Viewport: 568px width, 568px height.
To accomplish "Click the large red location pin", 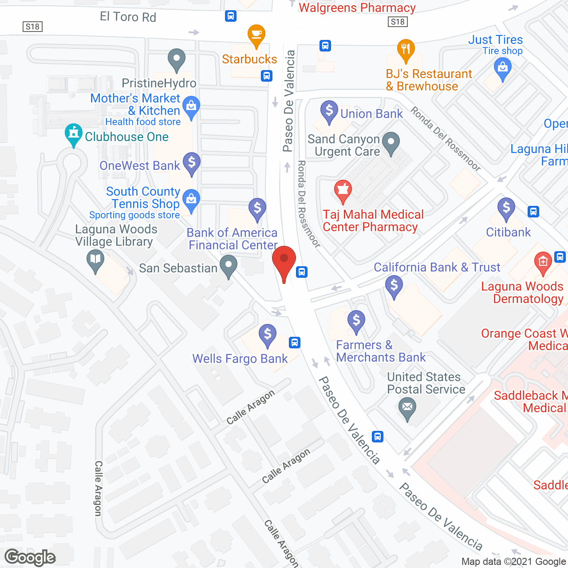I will click(x=284, y=261).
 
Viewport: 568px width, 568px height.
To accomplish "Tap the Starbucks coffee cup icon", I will click(x=256, y=35).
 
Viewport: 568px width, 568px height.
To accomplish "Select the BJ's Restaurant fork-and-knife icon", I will click(x=406, y=49).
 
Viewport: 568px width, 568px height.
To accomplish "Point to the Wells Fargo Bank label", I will click(x=240, y=359).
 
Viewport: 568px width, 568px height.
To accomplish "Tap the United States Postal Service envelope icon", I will click(x=407, y=407).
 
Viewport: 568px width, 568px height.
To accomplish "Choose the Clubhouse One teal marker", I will click(x=74, y=134).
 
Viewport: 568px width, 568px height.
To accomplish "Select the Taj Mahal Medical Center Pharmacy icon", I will click(x=343, y=190).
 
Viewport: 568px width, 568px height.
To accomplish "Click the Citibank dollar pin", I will click(x=506, y=208).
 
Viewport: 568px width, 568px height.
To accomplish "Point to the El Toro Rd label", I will click(x=128, y=17).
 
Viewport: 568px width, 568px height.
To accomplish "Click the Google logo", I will click(x=30, y=557).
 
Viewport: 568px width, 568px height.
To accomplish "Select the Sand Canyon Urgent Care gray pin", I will click(x=391, y=142).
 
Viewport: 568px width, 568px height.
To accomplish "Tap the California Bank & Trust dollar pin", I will click(x=394, y=285).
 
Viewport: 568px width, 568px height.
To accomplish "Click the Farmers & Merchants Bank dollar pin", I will click(x=356, y=320).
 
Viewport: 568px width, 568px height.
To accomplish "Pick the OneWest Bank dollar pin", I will click(x=192, y=162).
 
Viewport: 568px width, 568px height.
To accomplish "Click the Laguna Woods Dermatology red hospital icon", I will click(x=543, y=262).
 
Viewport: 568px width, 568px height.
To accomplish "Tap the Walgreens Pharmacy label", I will click(x=357, y=8).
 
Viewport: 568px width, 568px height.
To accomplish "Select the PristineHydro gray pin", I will click(x=177, y=59).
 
